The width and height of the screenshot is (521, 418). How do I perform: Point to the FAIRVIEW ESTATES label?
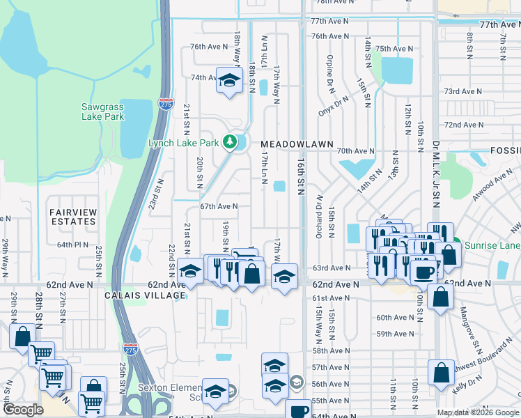(x=72, y=216)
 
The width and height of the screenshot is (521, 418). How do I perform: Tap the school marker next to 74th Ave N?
(x=228, y=81)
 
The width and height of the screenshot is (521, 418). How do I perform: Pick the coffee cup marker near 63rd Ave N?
(x=423, y=270)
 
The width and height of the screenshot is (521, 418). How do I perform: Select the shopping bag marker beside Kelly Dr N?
(x=442, y=373)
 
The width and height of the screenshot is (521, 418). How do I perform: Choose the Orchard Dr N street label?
(x=318, y=215)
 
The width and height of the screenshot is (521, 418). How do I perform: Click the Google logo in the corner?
(x=23, y=410)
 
